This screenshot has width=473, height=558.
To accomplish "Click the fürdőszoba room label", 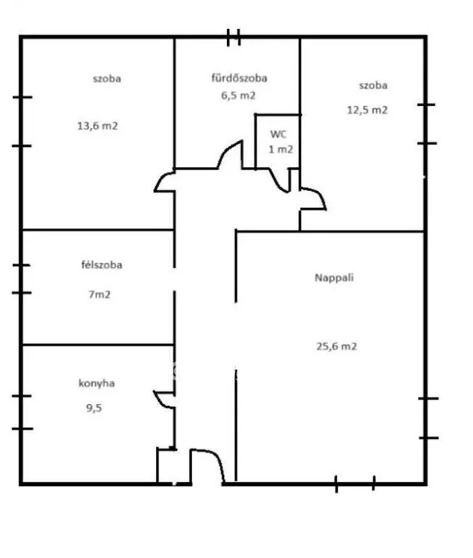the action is [x=239, y=78].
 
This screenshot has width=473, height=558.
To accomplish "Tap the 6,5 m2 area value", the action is [x=238, y=95].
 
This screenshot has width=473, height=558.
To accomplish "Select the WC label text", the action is [x=278, y=134].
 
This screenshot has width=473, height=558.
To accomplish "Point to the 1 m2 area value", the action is [x=280, y=150].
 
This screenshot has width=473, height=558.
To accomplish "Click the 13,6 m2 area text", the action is [x=97, y=126].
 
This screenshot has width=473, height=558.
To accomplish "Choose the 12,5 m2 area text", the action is [x=367, y=110].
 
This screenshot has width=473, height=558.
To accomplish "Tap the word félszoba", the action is [x=102, y=264].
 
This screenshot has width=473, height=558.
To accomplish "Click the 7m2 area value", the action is [x=99, y=295].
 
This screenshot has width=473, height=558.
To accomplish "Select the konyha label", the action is [x=96, y=384].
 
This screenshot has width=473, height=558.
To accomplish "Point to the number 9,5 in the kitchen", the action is [x=94, y=408].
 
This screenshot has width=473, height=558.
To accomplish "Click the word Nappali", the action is [x=334, y=278].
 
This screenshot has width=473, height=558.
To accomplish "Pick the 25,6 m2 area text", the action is [x=336, y=347].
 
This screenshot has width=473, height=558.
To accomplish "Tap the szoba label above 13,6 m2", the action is [x=107, y=78].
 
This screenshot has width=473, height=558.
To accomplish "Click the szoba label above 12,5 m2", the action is [x=373, y=86].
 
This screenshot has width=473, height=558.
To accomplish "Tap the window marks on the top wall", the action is [x=234, y=37].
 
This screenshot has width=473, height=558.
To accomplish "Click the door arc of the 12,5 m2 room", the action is [x=320, y=195].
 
